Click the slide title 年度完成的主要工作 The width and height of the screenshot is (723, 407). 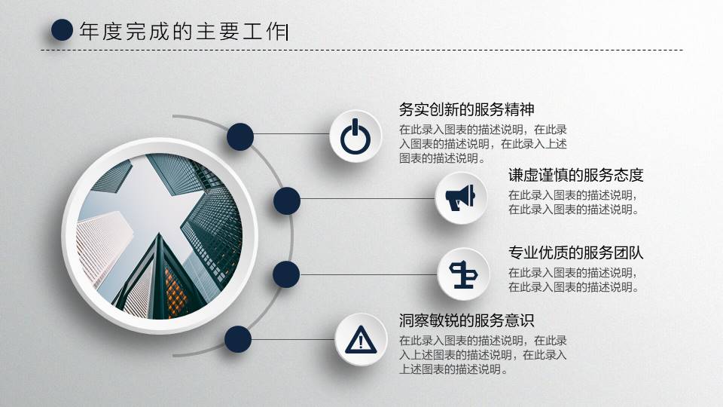(x=183, y=31)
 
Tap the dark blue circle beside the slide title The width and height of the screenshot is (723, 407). (x=62, y=30)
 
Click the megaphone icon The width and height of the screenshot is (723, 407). (x=460, y=197)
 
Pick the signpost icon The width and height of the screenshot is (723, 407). (x=462, y=274)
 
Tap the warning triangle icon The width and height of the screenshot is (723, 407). (x=360, y=339)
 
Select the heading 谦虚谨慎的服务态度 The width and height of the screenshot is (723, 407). (x=575, y=176)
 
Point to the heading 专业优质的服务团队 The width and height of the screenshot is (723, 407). (x=575, y=252)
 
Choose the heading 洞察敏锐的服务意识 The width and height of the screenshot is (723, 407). (x=467, y=320)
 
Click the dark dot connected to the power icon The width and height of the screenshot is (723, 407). (x=239, y=136)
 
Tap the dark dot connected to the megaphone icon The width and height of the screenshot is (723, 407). (x=287, y=200)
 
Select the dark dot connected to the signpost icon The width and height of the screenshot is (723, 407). (x=286, y=274)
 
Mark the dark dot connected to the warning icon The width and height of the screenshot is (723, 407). (x=238, y=339)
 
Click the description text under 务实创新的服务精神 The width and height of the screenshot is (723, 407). (x=483, y=143)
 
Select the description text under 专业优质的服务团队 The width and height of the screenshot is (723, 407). (x=573, y=280)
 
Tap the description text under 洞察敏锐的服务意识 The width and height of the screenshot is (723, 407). (x=483, y=354)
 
